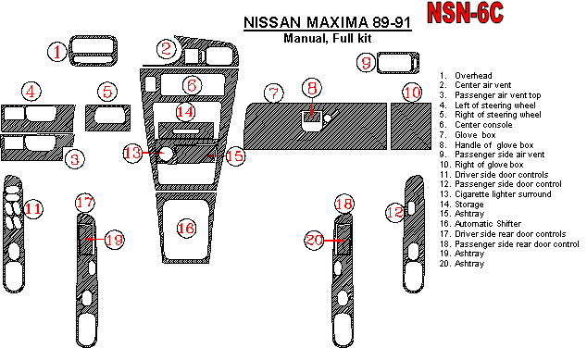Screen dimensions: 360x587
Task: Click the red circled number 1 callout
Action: (x=58, y=53)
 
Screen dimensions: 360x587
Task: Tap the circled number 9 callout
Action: (x=367, y=63)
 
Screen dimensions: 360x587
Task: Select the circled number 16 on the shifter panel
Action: (x=186, y=228)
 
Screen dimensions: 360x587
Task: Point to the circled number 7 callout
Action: (x=272, y=93)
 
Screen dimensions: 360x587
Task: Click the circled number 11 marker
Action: (x=33, y=209)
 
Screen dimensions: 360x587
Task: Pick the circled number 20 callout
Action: (x=315, y=241)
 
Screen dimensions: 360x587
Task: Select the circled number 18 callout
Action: (x=343, y=204)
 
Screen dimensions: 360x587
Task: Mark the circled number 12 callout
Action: (x=393, y=213)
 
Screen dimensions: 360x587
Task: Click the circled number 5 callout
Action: (x=108, y=92)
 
